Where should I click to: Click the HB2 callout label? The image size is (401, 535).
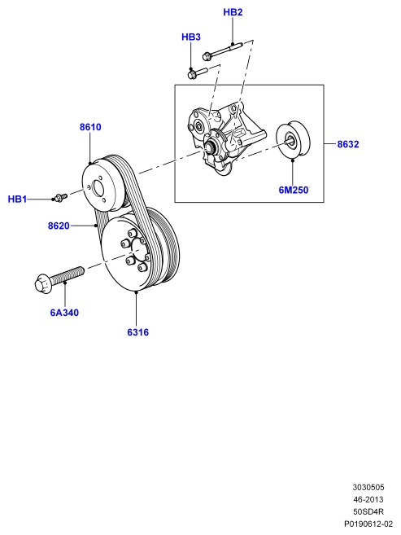233,12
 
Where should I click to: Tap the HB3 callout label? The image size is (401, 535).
191,37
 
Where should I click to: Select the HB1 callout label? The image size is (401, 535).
17,199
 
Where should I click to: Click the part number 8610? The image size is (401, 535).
90,127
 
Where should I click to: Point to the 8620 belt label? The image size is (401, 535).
59,226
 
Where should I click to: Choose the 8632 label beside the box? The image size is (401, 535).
348,144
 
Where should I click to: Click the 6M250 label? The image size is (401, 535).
294,190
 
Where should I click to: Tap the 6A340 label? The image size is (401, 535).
64,313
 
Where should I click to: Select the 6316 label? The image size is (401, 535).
138,332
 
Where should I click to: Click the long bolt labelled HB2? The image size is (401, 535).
223,50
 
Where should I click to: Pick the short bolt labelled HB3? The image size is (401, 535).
198,72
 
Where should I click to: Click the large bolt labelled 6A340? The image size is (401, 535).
59,279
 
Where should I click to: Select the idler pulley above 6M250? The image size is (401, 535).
293,139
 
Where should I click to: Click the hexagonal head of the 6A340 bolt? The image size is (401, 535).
42,283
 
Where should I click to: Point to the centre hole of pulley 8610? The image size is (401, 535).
98,189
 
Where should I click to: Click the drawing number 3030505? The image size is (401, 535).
368,487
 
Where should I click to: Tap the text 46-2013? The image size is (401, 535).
368,499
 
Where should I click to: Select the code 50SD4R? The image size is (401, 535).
368,512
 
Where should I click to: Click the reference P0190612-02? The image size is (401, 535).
368,524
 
